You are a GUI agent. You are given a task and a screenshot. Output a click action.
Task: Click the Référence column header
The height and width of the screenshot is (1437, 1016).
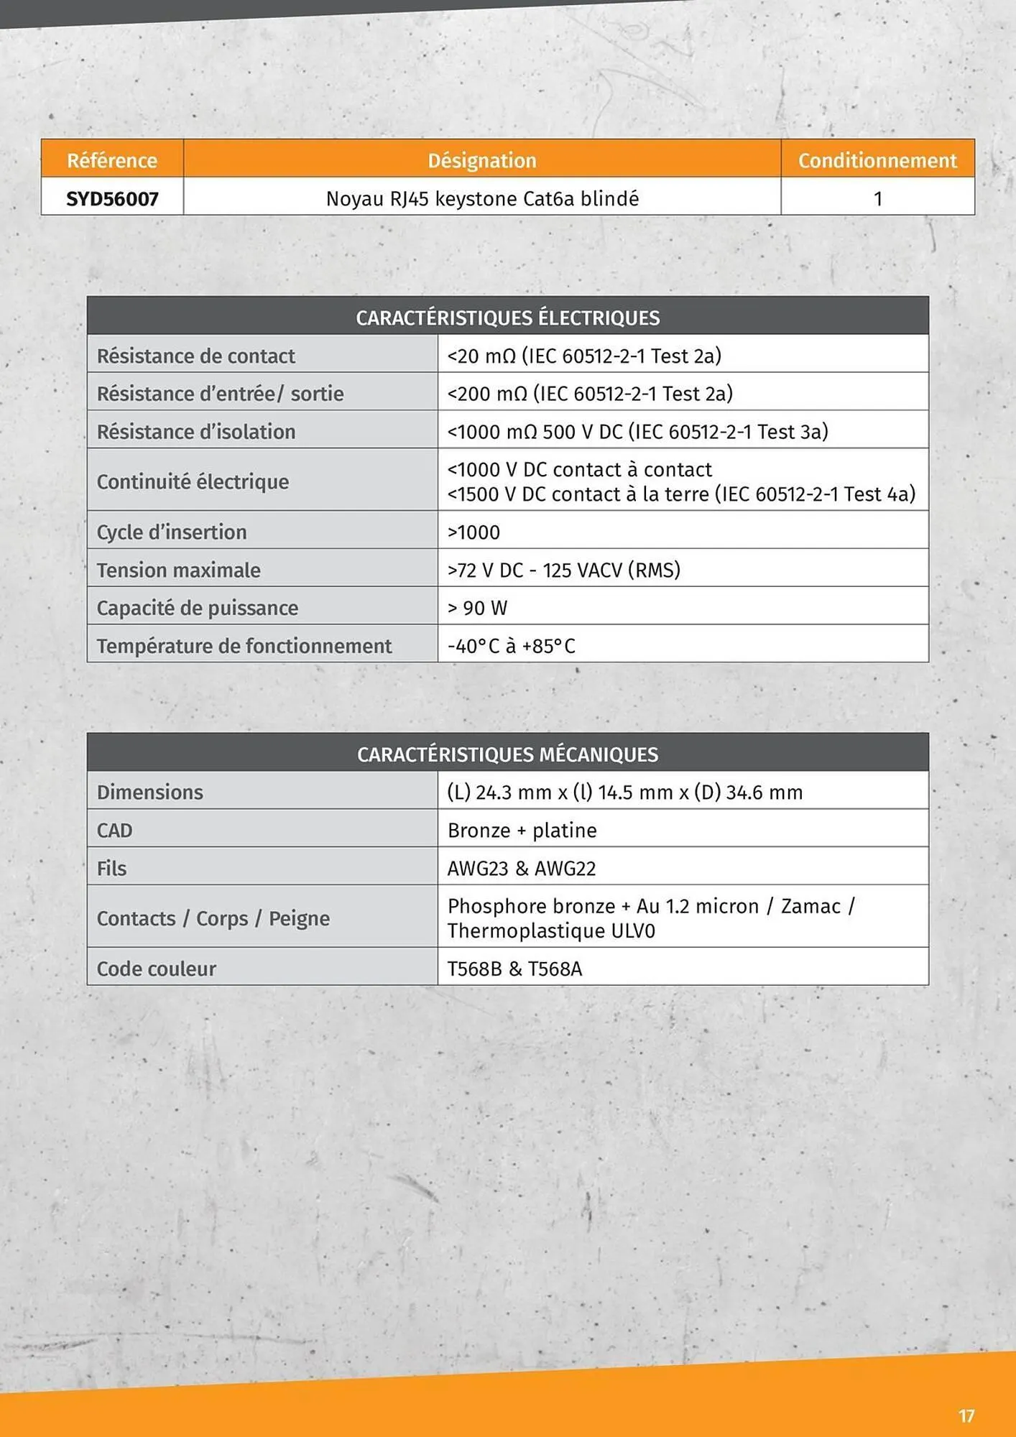112,160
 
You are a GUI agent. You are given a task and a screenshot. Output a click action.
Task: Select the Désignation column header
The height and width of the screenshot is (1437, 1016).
482,160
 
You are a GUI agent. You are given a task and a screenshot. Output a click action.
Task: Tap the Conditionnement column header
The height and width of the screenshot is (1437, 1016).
877,160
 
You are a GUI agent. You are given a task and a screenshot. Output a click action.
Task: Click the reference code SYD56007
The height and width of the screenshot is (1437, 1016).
112,198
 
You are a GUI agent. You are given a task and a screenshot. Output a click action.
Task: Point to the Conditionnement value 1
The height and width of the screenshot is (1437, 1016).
877,198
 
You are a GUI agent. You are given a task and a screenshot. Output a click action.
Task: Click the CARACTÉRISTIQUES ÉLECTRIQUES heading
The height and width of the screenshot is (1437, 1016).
507,318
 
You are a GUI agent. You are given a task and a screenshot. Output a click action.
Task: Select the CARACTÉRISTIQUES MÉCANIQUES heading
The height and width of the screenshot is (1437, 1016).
507,754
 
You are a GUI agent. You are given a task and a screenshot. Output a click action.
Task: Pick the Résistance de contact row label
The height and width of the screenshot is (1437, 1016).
195,356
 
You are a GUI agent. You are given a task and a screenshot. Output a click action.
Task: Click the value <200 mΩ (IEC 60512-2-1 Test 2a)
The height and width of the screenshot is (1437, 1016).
590,394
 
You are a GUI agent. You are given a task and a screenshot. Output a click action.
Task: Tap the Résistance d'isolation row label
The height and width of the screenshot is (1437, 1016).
195,431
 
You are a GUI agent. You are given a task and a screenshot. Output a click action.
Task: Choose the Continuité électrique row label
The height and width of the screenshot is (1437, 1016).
193,481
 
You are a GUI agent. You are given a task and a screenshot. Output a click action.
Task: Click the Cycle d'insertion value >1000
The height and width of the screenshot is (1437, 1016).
474,532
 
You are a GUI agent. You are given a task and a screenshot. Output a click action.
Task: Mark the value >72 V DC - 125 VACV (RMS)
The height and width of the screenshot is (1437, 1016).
563,570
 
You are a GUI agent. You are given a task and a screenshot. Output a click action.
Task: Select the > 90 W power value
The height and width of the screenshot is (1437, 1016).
477,608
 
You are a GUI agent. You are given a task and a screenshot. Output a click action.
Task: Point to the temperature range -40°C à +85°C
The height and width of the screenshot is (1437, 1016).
511,646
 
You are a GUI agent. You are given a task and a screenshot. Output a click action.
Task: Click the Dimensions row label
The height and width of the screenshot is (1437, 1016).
149,792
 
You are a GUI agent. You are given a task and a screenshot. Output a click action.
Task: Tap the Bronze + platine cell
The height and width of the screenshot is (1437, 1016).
522,830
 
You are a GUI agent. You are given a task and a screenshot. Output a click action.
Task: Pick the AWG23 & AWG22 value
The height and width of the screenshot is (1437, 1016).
522,868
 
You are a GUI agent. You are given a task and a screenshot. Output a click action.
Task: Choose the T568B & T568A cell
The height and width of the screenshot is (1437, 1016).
514,969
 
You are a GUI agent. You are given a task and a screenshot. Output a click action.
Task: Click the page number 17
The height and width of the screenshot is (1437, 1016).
966,1415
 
